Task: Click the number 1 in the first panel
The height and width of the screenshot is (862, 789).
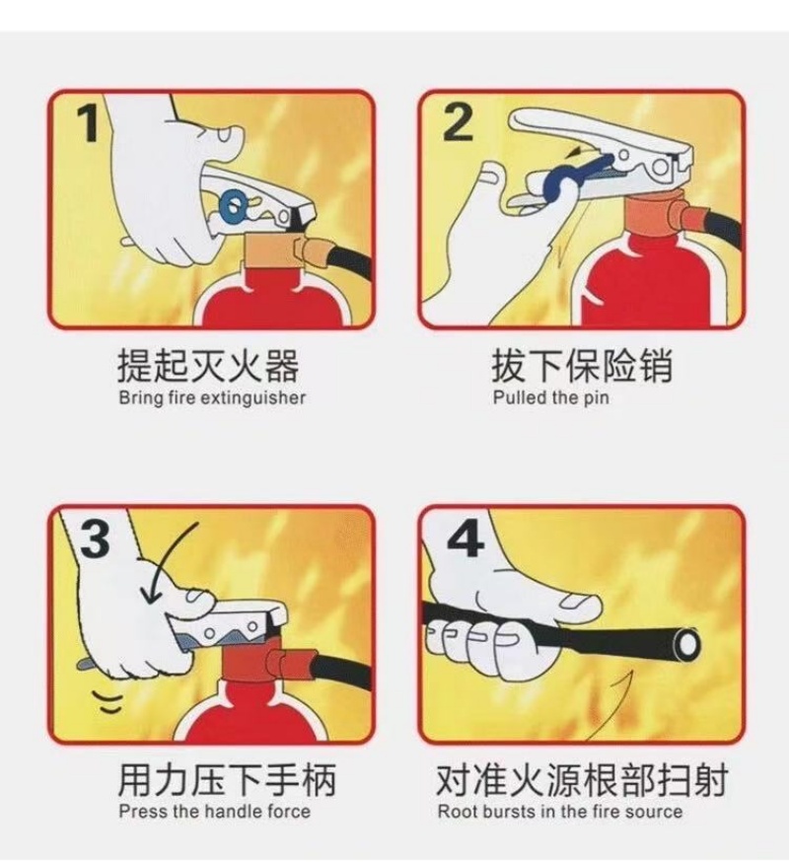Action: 88,123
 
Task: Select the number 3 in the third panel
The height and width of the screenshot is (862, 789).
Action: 95,539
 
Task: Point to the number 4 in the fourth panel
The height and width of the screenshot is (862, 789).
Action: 466,538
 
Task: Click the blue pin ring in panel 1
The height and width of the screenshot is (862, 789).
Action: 233,205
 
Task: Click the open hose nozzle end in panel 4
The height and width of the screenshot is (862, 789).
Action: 687,643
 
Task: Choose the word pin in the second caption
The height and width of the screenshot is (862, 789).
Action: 596,398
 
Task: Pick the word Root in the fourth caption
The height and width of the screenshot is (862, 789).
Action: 457,811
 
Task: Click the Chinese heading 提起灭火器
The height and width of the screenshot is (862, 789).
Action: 208,365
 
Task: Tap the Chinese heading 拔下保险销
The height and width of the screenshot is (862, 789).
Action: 581,365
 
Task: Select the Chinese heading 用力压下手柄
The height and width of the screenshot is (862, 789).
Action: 227,779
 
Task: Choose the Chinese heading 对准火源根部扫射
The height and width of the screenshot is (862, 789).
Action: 582,779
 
